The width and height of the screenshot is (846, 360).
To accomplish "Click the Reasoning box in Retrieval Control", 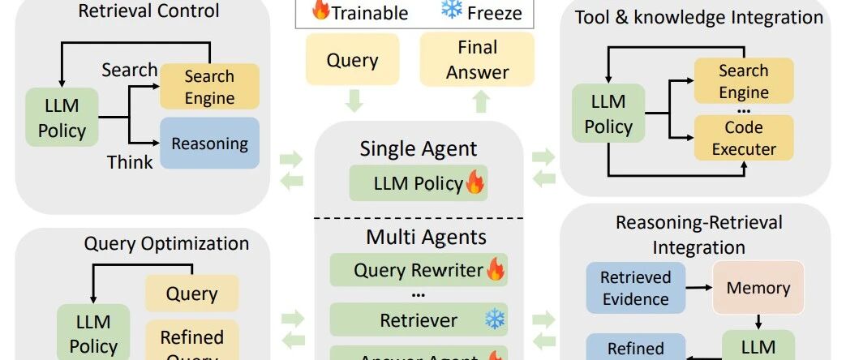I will click(209, 144).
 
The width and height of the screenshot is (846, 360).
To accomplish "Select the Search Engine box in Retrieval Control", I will click(209, 88).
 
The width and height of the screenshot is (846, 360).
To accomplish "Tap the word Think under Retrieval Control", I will click(130, 162).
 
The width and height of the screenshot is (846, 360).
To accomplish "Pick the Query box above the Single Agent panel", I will click(352, 59).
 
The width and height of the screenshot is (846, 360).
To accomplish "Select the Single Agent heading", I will click(419, 148).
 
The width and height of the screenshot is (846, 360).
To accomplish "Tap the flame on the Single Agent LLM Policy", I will click(474, 183).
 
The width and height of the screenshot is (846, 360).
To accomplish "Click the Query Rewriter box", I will click(419, 271).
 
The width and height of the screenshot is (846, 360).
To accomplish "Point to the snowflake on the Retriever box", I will click(494, 319).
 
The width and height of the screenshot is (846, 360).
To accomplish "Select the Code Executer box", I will click(744, 137).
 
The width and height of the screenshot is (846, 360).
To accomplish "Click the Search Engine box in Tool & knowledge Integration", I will click(744, 82).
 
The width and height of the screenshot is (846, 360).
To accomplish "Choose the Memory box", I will click(758, 288).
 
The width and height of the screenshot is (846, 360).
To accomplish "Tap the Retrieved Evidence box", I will click(635, 288).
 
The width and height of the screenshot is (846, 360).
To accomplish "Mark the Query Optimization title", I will click(166, 243).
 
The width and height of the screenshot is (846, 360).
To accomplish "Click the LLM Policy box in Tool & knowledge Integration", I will click(608, 114).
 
